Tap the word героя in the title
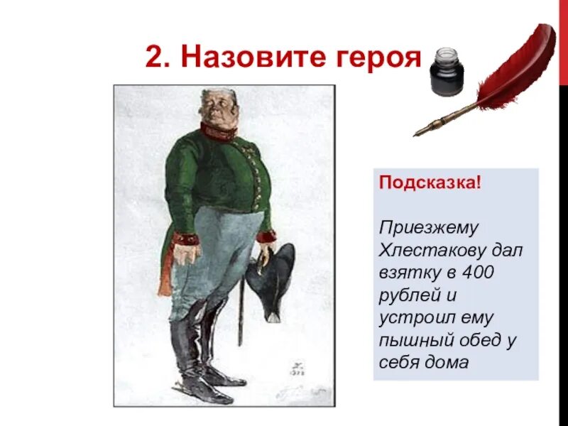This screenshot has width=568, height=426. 374,57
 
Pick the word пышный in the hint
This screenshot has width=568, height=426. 415,340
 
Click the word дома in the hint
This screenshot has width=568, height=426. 449,363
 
